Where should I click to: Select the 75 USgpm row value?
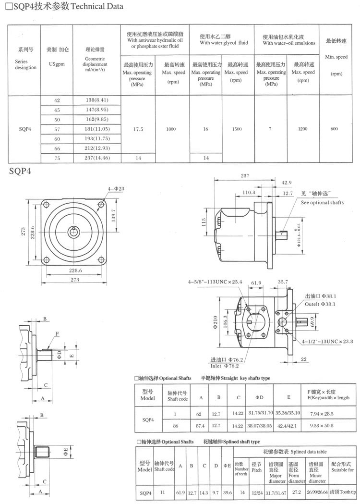coord(57,157)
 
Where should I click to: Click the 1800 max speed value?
coord(171,128)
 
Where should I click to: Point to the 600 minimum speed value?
coord(334,128)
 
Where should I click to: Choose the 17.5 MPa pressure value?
coord(138,128)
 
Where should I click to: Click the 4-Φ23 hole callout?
coord(116,189)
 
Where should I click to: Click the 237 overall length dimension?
coord(245,176)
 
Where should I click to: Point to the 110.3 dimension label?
coord(249,192)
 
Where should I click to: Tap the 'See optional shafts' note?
coord(322,203)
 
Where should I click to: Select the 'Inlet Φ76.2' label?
coord(227,365)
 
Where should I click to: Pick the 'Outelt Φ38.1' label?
coord(320,304)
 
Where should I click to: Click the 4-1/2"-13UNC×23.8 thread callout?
coord(327,341)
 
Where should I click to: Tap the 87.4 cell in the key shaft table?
coord(201,426)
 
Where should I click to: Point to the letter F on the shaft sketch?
coord(57,333)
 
